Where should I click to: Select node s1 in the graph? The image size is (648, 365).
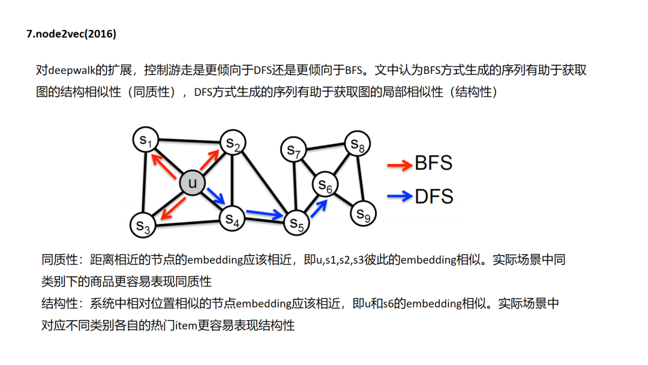(x=145, y=140)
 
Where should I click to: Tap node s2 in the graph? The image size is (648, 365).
(x=233, y=143)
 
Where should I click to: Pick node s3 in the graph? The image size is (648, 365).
(x=143, y=225)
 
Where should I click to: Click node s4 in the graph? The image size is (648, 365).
(x=233, y=219)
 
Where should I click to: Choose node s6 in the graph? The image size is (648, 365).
(x=325, y=186)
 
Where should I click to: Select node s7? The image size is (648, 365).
(x=294, y=149)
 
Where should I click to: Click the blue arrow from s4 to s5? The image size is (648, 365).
(x=264, y=213)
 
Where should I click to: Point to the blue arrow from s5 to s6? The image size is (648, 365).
(x=319, y=208)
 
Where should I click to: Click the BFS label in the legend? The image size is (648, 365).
(x=433, y=163)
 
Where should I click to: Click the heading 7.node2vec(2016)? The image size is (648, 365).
(x=71, y=34)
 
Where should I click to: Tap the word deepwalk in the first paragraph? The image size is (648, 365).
(x=73, y=71)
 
